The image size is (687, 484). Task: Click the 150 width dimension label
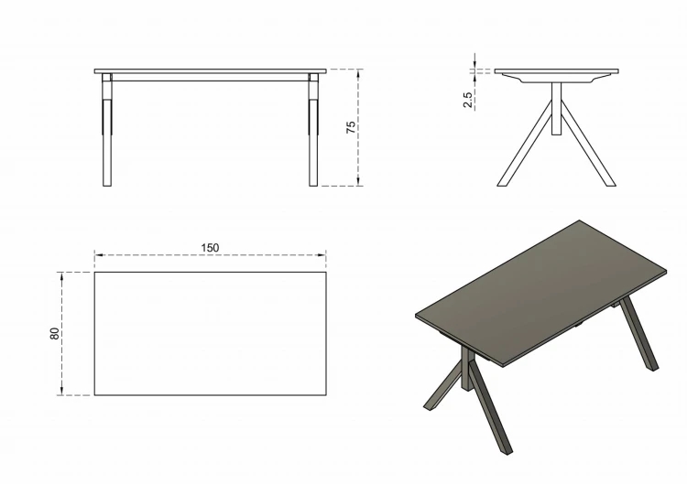[x=210, y=248]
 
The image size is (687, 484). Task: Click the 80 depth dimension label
[x=54, y=333]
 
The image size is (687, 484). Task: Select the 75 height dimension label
[x=351, y=127]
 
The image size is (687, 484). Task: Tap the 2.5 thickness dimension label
[x=468, y=100]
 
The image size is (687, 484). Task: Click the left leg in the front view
[x=107, y=130]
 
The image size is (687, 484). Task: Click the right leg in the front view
[x=313, y=130]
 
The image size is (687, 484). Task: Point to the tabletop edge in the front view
[x=211, y=70]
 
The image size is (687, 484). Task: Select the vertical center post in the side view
[x=556, y=108]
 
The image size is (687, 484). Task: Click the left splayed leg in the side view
[x=524, y=144]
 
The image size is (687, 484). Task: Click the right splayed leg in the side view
[x=588, y=144]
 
